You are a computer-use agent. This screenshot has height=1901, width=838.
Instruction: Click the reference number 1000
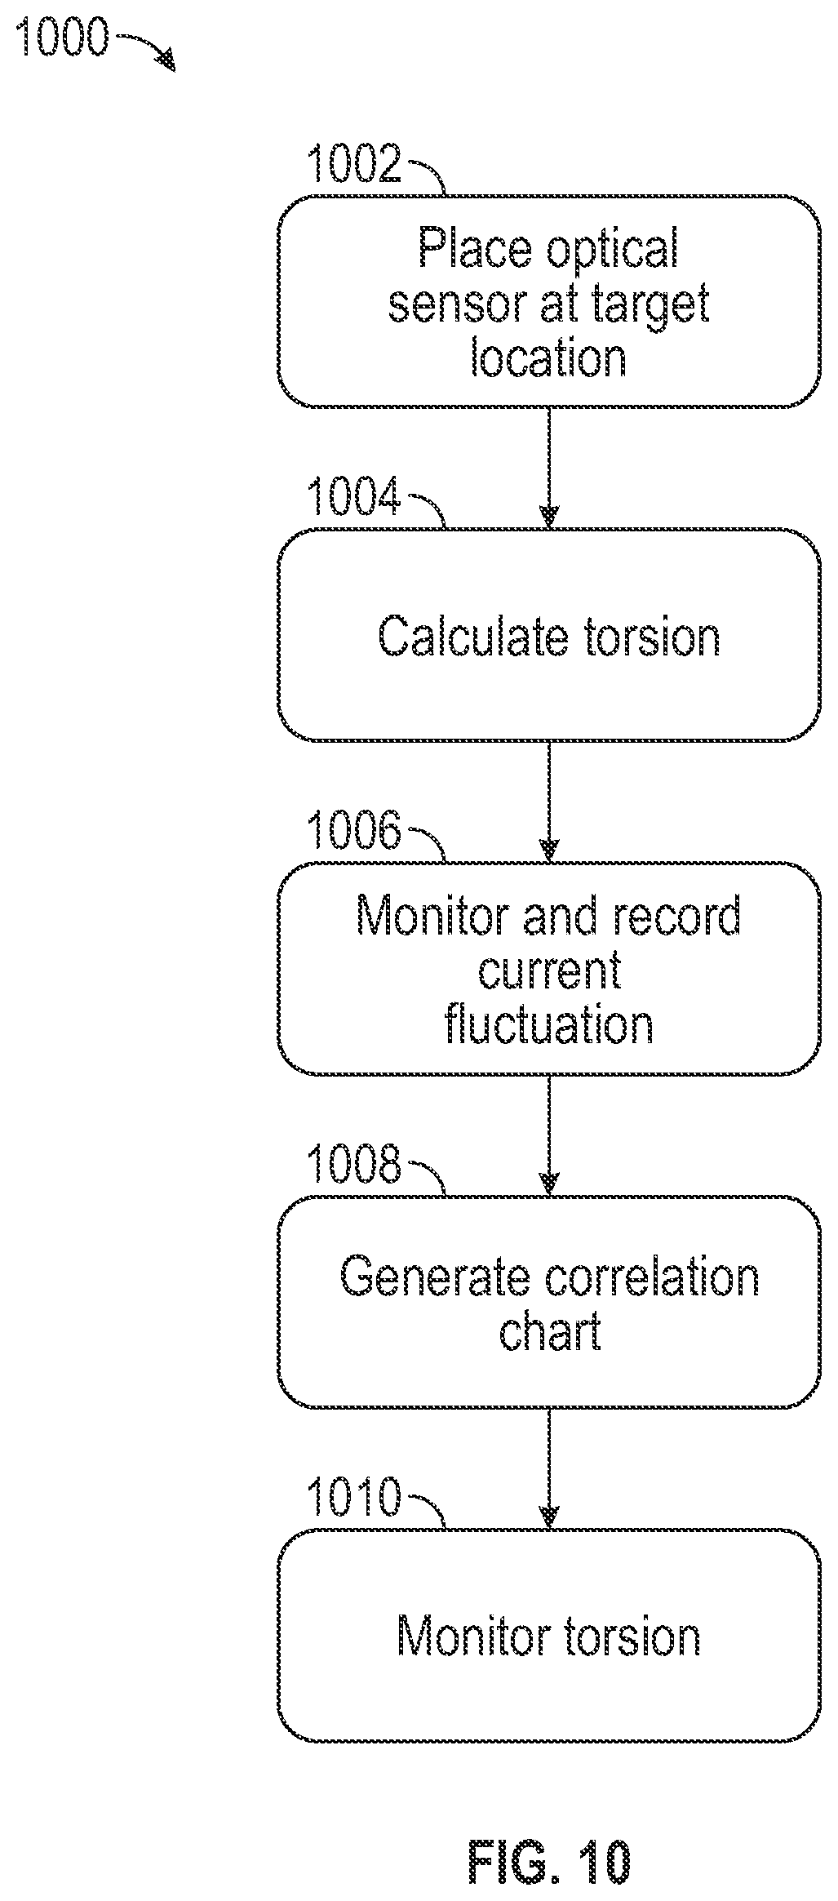(x=62, y=38)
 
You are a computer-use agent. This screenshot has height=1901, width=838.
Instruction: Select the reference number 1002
(x=354, y=163)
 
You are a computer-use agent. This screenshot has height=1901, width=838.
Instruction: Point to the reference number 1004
(x=354, y=496)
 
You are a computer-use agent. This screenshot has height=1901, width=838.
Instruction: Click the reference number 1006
(x=354, y=830)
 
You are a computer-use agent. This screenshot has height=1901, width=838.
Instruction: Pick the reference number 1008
(x=354, y=1164)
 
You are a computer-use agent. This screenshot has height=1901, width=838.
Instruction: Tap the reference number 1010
(x=354, y=1497)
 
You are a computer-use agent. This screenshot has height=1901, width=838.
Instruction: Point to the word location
(x=549, y=358)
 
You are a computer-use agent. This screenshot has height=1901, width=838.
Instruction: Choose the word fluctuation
(x=549, y=1025)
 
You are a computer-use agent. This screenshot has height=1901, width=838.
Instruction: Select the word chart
(x=550, y=1332)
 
